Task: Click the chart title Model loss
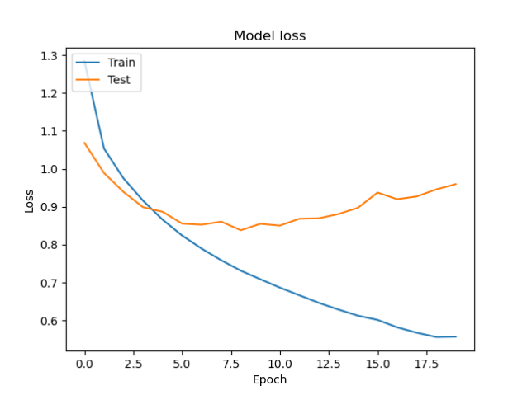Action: (x=270, y=35)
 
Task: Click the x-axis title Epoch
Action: (x=270, y=379)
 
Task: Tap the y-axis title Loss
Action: (x=29, y=201)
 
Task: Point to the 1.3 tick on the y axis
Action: (x=48, y=55)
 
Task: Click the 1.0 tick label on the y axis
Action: (x=48, y=169)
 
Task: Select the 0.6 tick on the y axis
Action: (x=48, y=321)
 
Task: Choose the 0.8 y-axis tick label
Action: (x=48, y=245)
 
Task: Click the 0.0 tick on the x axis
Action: (x=84, y=362)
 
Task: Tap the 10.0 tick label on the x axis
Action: (x=280, y=362)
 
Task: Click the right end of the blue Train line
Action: (x=456, y=336)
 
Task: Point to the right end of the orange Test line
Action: (x=456, y=184)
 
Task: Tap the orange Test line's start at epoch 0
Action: (x=84, y=143)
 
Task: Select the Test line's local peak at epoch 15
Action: (x=377, y=192)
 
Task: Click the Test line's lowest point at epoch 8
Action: (x=240, y=230)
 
